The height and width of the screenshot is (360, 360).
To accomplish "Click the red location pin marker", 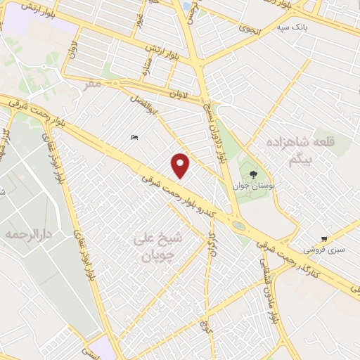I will click(x=181, y=165).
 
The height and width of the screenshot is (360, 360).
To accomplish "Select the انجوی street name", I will click(x=248, y=30).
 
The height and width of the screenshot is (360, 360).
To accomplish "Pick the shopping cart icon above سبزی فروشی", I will click(x=323, y=239).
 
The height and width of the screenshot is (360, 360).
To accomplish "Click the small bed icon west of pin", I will click(x=133, y=138).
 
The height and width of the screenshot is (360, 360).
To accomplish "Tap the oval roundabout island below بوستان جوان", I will click(x=238, y=226).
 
